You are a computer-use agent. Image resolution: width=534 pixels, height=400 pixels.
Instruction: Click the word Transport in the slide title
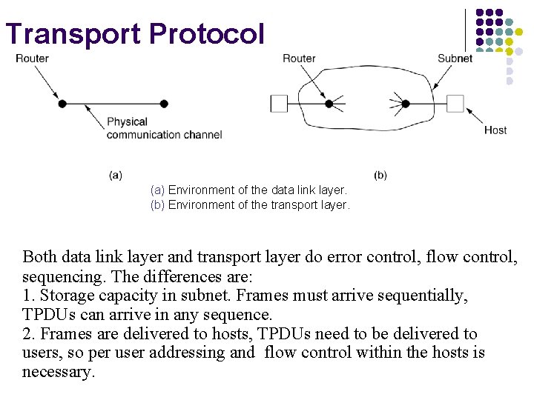tap(72, 34)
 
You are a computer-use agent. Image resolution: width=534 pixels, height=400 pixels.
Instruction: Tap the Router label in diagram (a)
tap(32, 59)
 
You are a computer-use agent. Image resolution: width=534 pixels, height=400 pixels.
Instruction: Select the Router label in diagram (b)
tap(299, 59)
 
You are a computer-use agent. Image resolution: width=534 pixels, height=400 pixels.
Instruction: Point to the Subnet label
tap(455, 59)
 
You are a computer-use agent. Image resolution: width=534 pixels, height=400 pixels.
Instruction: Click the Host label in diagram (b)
tap(495, 130)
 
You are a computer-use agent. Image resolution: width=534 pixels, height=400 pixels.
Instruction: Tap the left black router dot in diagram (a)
tap(62, 104)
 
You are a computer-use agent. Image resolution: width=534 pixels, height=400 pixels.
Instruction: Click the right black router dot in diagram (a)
tap(164, 104)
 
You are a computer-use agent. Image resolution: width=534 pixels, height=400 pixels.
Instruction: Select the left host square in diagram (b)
tap(279, 103)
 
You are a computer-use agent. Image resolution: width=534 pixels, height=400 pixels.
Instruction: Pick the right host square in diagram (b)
tap(455, 103)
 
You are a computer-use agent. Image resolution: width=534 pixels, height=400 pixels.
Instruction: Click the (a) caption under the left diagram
tap(115, 176)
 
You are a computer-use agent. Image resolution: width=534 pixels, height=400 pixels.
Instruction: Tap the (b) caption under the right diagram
tap(380, 176)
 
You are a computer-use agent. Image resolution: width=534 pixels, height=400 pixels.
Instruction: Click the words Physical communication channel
tap(164, 128)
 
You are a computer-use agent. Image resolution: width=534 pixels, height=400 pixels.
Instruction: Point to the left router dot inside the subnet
tap(329, 103)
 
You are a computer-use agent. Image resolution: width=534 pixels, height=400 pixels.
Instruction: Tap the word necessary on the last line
tap(58, 372)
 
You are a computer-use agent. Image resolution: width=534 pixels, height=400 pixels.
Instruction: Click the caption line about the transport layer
tap(250, 205)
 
